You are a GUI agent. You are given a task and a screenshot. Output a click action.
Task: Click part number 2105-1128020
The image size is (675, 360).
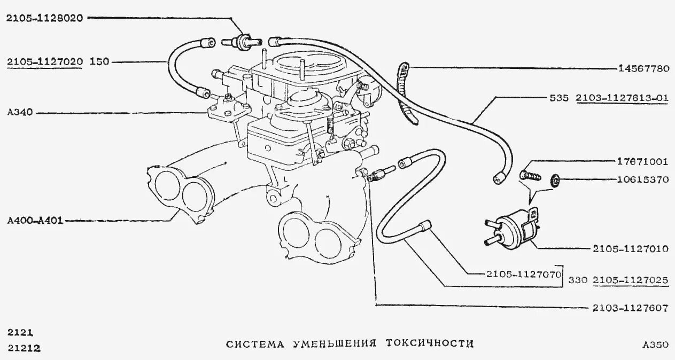click(x=44, y=18)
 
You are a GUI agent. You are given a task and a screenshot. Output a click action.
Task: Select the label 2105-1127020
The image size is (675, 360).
click(x=44, y=61)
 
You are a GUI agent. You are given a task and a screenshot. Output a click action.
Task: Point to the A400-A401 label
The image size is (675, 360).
click(x=35, y=220)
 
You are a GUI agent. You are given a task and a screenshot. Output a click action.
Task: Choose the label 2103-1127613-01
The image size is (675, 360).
click(x=622, y=98)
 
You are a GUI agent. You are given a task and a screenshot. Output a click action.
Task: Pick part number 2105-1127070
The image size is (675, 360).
click(x=523, y=275)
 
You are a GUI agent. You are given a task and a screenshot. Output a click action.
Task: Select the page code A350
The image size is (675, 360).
click(x=655, y=345)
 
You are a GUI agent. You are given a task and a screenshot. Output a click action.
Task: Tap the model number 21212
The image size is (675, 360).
click(x=24, y=348)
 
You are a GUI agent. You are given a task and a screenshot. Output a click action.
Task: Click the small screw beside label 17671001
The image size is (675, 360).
click(x=530, y=174)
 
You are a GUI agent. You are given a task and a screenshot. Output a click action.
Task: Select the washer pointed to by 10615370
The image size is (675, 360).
click(x=555, y=181)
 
